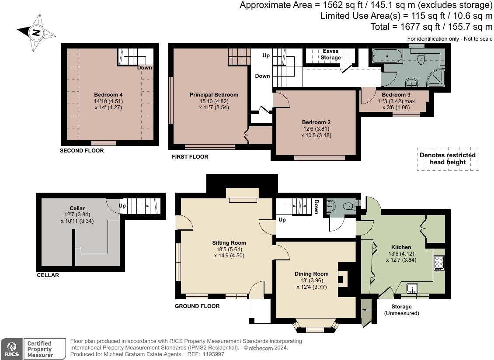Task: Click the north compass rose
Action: click(x=36, y=32)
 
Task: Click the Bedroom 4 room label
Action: click(x=108, y=95)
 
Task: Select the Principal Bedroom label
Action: click(x=214, y=95)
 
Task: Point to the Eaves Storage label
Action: click(x=330, y=54)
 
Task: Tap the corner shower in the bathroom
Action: click(x=437, y=78)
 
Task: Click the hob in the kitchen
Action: click(x=439, y=263)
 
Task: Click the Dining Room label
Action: click(x=311, y=274)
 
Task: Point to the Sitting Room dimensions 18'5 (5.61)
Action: click(x=229, y=249)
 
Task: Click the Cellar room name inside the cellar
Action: click(x=77, y=208)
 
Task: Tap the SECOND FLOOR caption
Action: click(x=82, y=151)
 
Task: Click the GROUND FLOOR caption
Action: click(x=197, y=306)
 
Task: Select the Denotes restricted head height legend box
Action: click(x=447, y=159)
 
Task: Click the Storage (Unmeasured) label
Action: click(x=401, y=310)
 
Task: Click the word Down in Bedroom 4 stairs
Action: click(x=144, y=68)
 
